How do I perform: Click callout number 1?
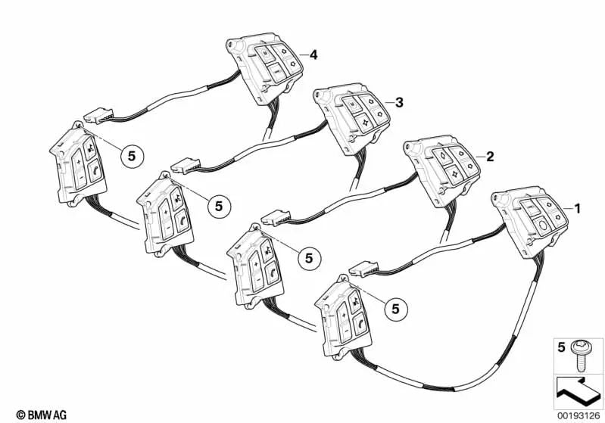coord(577,209)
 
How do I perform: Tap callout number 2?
coord(490,157)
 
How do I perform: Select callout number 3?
coord(399,103)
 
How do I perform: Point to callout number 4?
coord(313,55)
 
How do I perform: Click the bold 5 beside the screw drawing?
coord(561,347)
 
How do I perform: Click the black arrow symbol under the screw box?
coord(577,392)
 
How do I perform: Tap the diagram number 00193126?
coord(578,415)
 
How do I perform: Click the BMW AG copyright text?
coord(42,415)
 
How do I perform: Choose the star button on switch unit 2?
coord(454,174)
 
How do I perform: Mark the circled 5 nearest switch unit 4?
coord(132,157)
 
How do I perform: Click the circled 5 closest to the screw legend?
coord(395,309)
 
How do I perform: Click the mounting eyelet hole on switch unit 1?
coord(503,198)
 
